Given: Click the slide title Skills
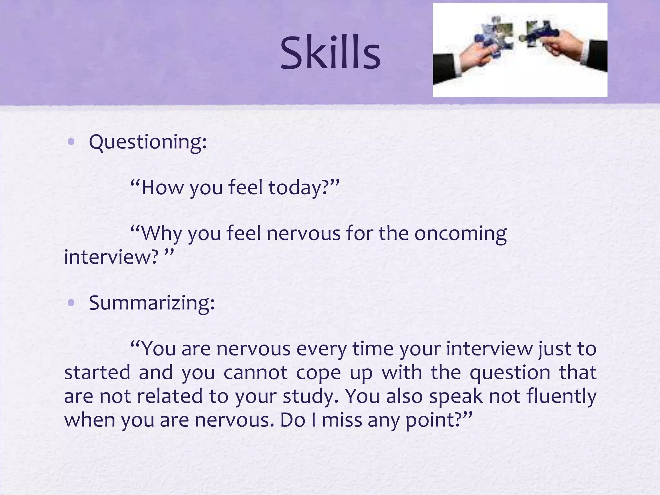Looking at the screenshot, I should [330, 53].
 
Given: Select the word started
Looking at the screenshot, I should [97, 373].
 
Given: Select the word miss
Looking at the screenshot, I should [342, 420].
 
